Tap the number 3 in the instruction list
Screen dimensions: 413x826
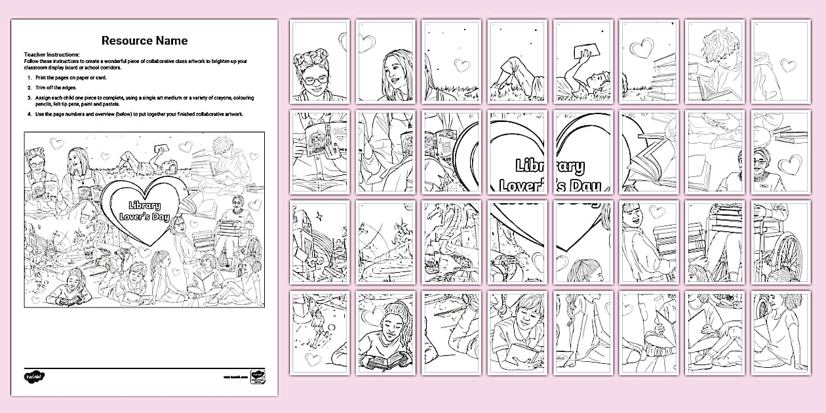point(29,98)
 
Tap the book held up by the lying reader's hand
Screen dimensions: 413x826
point(581,52)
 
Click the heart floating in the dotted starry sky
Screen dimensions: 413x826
point(463,65)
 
